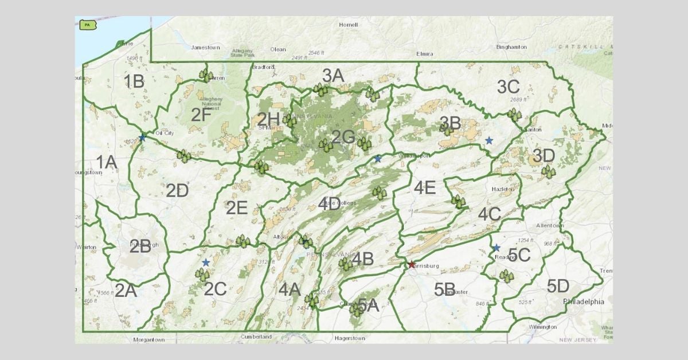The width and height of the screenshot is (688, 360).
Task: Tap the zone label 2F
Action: pyautogui.click(x=201, y=115)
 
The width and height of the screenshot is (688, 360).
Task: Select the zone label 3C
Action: pyautogui.click(x=508, y=87)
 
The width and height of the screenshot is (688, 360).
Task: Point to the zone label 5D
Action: pyautogui.click(x=557, y=286)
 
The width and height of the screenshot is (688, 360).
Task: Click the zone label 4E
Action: pyautogui.click(x=425, y=187)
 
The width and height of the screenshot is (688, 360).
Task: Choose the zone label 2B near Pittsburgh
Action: pyautogui.click(x=140, y=247)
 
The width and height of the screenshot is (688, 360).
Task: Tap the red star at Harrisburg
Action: pyautogui.click(x=411, y=265)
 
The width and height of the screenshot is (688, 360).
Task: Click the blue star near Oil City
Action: pyautogui.click(x=142, y=138)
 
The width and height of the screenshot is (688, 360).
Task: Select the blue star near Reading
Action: pyautogui.click(x=496, y=248)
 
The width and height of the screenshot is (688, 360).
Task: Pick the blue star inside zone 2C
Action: pyautogui.click(x=206, y=262)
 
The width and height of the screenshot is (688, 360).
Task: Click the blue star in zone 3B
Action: pyautogui.click(x=488, y=140)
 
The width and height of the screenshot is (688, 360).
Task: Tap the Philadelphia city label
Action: pyautogui.click(x=584, y=302)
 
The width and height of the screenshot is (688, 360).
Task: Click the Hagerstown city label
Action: pyautogui.click(x=350, y=338)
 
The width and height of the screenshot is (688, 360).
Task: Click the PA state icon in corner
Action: pyautogui.click(x=87, y=25)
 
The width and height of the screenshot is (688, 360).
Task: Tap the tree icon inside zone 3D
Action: pyautogui.click(x=549, y=171)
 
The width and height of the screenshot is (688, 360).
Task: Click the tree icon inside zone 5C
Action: pyautogui.click(x=506, y=276)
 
